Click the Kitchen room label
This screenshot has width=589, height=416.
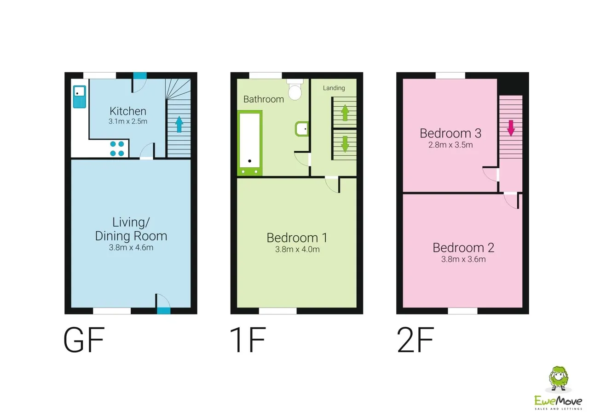point(128,111)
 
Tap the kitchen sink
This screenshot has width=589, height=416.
point(80,97)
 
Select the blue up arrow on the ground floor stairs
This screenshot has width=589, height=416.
point(179,124)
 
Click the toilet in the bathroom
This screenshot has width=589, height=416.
point(295,89)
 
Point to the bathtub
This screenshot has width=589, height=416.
point(250,143)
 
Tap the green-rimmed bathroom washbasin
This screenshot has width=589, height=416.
point(302,129)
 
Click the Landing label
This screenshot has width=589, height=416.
point(334,88)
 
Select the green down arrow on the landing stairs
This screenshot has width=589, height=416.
point(345,144)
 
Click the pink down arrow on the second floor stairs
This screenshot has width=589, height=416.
point(511,128)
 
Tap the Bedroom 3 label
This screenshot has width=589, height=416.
point(450,133)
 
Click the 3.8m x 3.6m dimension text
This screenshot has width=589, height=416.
point(463,259)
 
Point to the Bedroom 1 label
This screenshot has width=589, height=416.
point(297,238)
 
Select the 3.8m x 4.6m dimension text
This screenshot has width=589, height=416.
point(131,248)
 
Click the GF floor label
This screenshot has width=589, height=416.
point(84,340)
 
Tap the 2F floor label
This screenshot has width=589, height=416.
point(416,340)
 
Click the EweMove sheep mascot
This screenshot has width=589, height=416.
point(558,379)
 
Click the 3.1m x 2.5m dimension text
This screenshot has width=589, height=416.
point(128,121)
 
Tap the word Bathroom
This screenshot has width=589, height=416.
point(264,99)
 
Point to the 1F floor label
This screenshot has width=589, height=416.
point(248,340)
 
